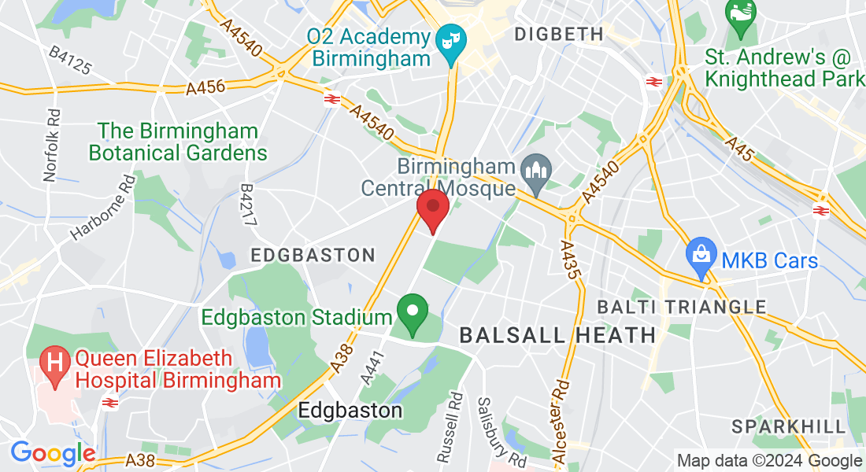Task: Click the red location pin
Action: tap(432, 208)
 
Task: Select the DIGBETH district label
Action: tap(558, 34)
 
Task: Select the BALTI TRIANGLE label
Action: tap(682, 306)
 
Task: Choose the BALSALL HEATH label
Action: tap(557, 335)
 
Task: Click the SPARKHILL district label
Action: tap(789, 426)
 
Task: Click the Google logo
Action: tap(53, 453)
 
